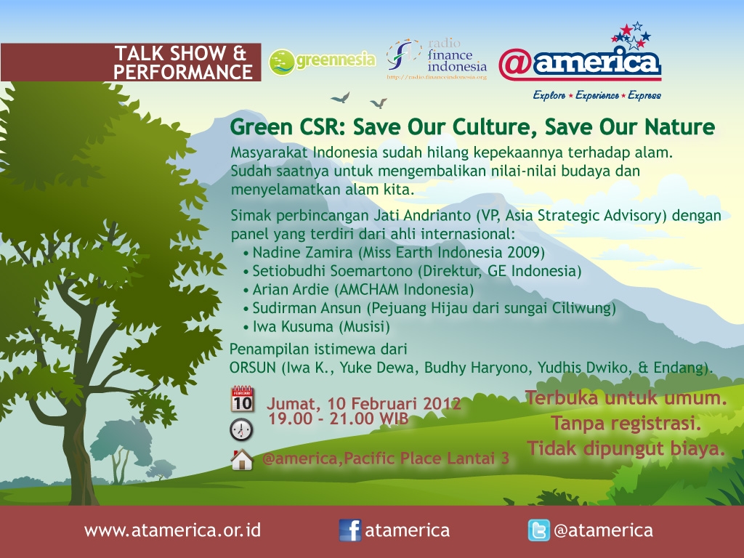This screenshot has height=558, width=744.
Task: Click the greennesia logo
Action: (x=322, y=62)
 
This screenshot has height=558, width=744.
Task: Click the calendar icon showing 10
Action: (x=243, y=399)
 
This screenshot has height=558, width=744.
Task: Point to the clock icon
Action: (x=241, y=430)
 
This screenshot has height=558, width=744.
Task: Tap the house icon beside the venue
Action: (x=242, y=459)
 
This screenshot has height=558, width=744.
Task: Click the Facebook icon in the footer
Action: (x=350, y=530)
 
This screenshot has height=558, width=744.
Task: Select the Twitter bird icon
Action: (x=539, y=530)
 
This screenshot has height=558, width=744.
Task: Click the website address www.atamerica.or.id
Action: (x=173, y=530)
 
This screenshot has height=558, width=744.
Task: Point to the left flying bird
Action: (x=341, y=98)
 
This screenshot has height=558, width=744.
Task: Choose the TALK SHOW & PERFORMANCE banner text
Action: (x=183, y=62)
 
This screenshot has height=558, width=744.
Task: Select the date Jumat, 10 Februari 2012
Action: (x=363, y=403)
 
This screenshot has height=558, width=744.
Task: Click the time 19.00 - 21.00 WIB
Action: (x=339, y=418)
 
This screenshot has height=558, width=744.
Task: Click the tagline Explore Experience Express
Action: (x=597, y=95)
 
